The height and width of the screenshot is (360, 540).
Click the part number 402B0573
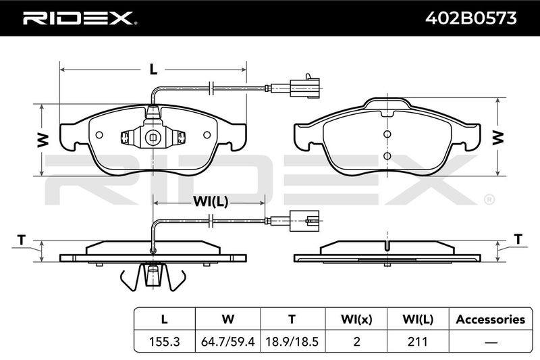tap(470, 18)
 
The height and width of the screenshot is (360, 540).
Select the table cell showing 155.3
tap(164, 341)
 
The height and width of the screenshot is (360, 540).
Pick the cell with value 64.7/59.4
tap(227, 341)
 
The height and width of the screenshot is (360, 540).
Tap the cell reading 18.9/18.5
tap(292, 341)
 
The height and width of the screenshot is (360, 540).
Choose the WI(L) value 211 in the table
tap(417, 341)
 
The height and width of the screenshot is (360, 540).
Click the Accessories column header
tap(491, 319)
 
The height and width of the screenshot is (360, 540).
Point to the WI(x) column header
tap(356, 319)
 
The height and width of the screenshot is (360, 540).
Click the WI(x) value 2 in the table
tap(356, 341)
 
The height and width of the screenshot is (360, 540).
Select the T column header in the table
tap(292, 319)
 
